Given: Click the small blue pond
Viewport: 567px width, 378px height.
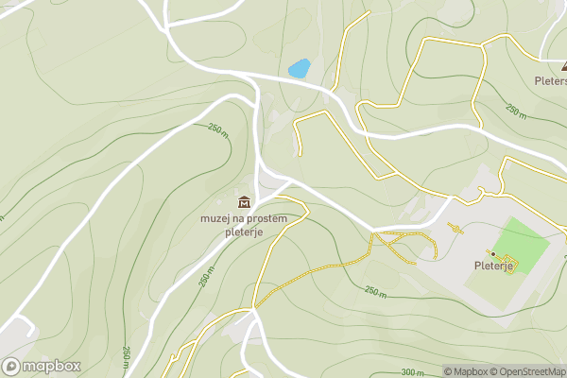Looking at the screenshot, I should pyautogui.click(x=299, y=69).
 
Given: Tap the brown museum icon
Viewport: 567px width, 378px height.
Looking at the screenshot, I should pyautogui.click(x=244, y=201).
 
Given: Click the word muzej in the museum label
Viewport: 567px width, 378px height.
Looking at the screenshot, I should pyautogui.click(x=216, y=217).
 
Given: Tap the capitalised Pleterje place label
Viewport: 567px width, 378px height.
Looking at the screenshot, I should pyautogui.click(x=492, y=266).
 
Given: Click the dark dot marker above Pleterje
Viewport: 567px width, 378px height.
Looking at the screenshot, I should pyautogui.click(x=492, y=253).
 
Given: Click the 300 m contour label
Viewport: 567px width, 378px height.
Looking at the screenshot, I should pyautogui.click(x=412, y=372).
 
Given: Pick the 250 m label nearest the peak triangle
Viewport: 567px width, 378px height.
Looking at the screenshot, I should pyautogui.click(x=516, y=111).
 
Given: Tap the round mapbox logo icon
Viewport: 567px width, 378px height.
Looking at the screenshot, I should pyautogui.click(x=11, y=367).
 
